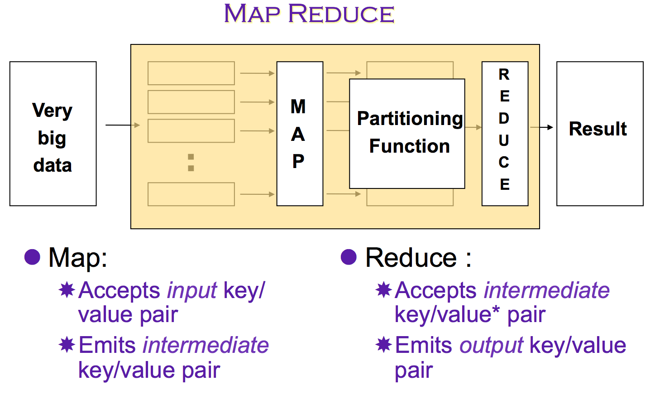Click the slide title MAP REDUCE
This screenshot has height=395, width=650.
(309, 14)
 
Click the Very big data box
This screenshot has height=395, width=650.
(53, 134)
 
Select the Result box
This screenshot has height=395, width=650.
(599, 134)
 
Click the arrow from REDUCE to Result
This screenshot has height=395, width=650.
(541, 127)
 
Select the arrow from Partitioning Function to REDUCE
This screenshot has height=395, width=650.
(473, 127)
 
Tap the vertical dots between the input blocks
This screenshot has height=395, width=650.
(191, 163)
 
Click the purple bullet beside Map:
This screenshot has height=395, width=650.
(32, 257)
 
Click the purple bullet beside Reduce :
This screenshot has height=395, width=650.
(349, 257)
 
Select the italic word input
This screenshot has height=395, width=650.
(192, 291)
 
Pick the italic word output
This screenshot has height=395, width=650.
(491, 346)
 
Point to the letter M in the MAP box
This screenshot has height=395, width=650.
(298, 107)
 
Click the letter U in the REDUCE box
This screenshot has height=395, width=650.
(504, 140)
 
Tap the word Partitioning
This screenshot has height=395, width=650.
(410, 119)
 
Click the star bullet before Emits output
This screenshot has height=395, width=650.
(383, 345)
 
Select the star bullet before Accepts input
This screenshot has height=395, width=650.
(67, 290)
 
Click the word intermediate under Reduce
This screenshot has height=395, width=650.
(547, 291)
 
